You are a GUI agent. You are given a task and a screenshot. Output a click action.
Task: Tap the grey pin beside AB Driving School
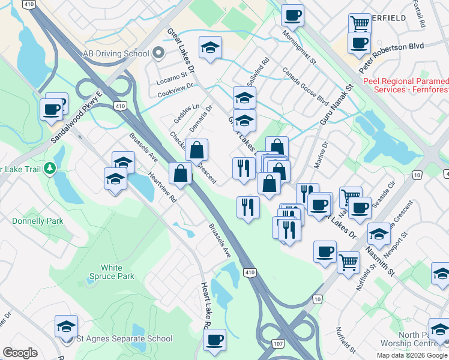pyautogui.click(x=158, y=53)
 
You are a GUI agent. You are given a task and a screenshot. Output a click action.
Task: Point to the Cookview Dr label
pyautogui.click(x=175, y=91)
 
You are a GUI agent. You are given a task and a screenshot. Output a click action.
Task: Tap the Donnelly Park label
pyautogui.click(x=38, y=221)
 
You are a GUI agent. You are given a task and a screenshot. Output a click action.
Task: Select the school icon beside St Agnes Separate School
pyautogui.click(x=67, y=326)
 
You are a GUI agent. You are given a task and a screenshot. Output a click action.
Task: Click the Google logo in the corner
pyautogui.click(x=20, y=353)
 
